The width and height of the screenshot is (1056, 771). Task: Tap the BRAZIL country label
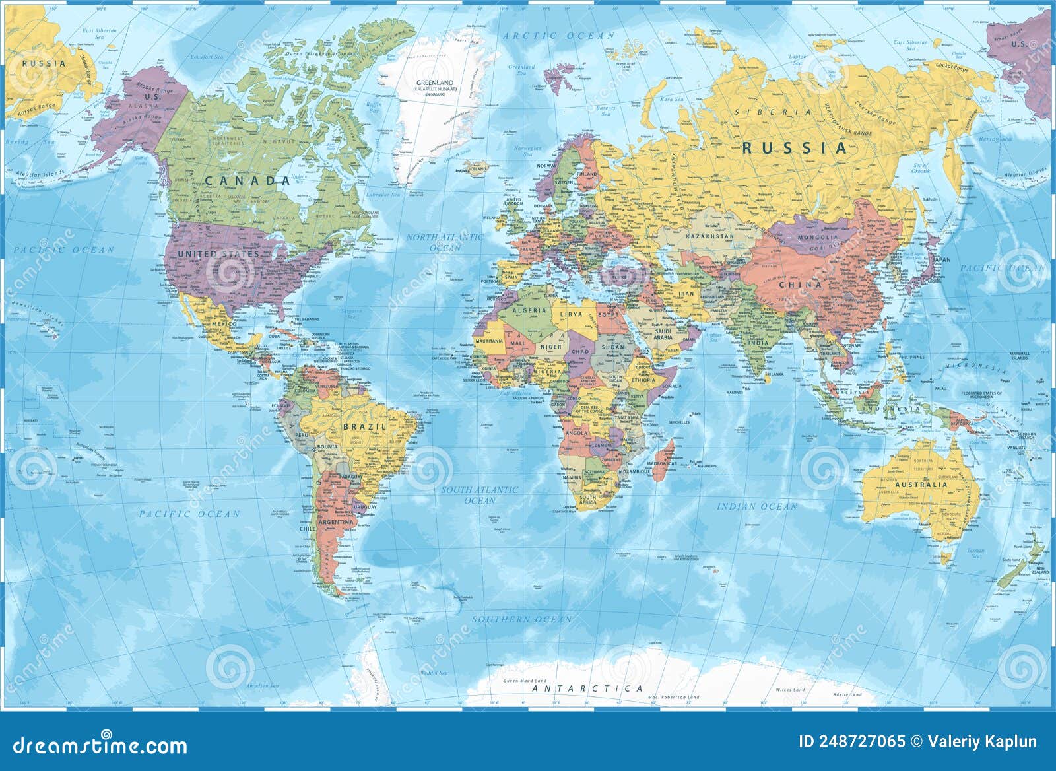[x=364, y=427]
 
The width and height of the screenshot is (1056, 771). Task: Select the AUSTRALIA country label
[x=921, y=485]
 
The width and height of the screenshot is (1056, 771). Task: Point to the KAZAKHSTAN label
[x=710, y=236]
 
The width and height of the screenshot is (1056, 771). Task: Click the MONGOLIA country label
[x=818, y=237]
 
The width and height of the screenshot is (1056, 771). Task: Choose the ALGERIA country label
[x=530, y=310]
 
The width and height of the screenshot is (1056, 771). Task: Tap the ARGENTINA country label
[x=337, y=522]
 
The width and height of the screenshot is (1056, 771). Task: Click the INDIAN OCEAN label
[x=757, y=506]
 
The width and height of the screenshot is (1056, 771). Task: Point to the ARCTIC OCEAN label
[x=558, y=36]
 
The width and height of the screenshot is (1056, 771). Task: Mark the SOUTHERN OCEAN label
[x=521, y=619]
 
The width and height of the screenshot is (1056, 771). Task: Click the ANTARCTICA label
[x=587, y=688]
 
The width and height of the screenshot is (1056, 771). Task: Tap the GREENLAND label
[x=434, y=83]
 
